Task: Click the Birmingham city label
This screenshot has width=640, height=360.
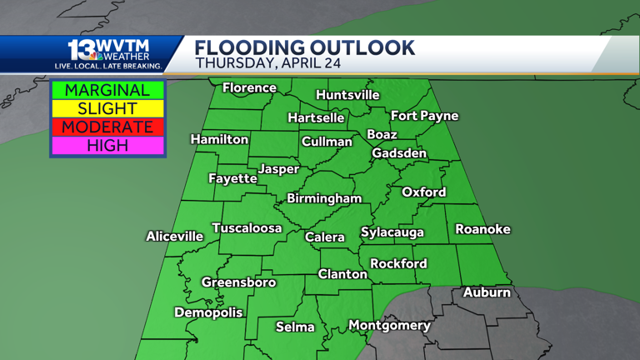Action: click(x=324, y=198)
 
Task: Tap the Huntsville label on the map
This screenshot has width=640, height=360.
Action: click(x=347, y=95)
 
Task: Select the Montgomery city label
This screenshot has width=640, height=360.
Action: click(x=389, y=325)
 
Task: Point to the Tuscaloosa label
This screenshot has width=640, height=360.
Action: click(x=247, y=228)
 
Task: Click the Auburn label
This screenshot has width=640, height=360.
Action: click(x=487, y=292)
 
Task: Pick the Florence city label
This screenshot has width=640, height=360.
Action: click(x=249, y=87)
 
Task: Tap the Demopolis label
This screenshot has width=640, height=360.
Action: click(x=208, y=312)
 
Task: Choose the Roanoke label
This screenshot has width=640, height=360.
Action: click(x=482, y=229)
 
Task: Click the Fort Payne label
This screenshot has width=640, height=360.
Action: click(x=424, y=116)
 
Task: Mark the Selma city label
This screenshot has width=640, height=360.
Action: click(x=295, y=327)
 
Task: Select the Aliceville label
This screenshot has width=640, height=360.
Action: click(x=174, y=237)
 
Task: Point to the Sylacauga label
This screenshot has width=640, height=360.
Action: click(x=392, y=232)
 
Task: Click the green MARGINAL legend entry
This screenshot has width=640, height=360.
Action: click(x=107, y=90)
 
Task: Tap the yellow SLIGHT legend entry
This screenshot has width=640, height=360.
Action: click(x=107, y=108)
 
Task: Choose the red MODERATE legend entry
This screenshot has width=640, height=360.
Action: click(x=107, y=127)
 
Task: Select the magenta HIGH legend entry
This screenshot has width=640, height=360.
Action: click(x=107, y=145)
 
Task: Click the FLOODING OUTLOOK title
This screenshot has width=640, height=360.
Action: click(x=304, y=47)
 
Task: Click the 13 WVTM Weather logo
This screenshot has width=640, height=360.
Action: click(x=108, y=49)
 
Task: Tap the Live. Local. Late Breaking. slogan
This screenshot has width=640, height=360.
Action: click(x=108, y=65)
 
